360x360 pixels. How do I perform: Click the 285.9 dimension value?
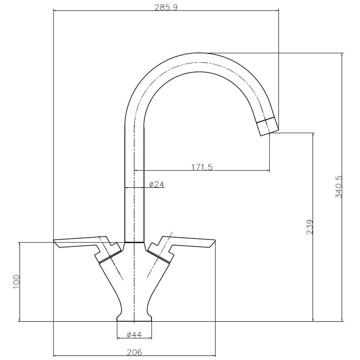pyautogui.click(x=166, y=7)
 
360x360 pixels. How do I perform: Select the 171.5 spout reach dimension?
pyautogui.click(x=202, y=167)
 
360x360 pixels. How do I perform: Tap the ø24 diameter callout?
pyautogui.click(x=157, y=184)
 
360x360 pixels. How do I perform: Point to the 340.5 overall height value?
pyautogui.click(x=338, y=187)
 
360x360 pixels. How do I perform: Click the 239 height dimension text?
pyautogui.click(x=310, y=227)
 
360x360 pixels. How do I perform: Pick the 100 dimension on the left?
pyautogui.click(x=17, y=282)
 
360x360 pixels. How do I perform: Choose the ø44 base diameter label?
pyautogui.click(x=134, y=335)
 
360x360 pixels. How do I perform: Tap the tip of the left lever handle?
pyautogui.click(x=54, y=241)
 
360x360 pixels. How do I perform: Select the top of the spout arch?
pyautogui.click(x=199, y=53)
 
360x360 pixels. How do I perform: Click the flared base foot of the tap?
pyautogui.click(x=134, y=319)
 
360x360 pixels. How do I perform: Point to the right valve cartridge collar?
pyautogui.click(x=160, y=256)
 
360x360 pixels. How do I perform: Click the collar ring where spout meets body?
pyautogui.click(x=134, y=242)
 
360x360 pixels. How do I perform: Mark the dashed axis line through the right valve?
pyautogui.click(x=159, y=255)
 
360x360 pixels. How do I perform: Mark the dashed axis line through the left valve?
pyautogui.click(x=111, y=257)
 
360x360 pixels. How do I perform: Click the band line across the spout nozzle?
pyautogui.click(x=265, y=120)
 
